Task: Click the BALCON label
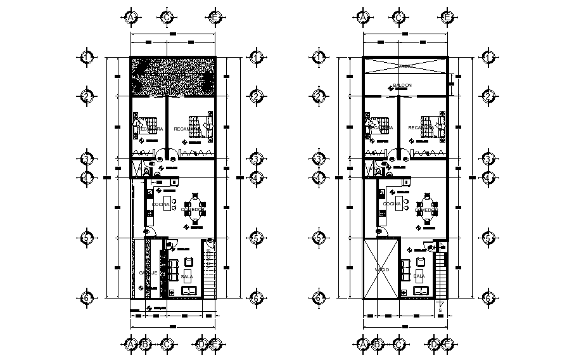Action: [402, 85]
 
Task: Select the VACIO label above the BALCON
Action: [405, 66]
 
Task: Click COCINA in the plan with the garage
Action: [160, 204]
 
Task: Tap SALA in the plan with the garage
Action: [187, 277]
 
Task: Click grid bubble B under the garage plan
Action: [145, 344]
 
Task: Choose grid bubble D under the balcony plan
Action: [433, 344]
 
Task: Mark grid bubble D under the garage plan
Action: [201, 344]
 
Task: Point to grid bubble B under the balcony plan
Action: [378, 344]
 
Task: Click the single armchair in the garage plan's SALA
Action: [188, 261]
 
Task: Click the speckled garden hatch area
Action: [172, 77]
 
